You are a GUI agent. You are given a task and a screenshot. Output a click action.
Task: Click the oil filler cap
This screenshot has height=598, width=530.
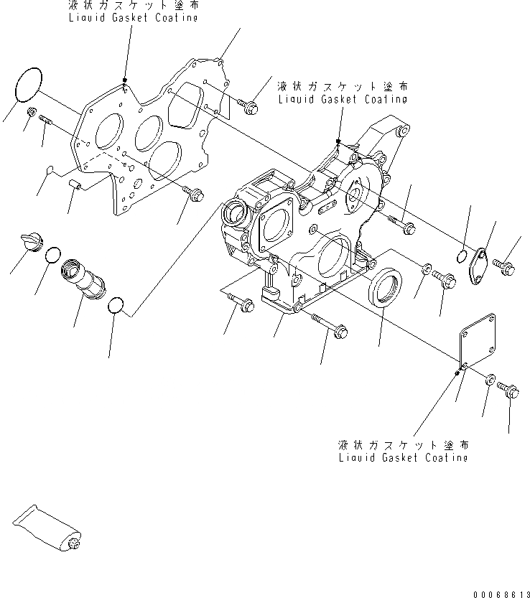(x=31, y=242)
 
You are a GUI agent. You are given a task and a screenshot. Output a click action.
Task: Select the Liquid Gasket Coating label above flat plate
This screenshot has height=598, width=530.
(x=134, y=13)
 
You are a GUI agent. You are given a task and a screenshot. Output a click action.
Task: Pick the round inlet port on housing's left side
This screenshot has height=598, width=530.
(x=236, y=211)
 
